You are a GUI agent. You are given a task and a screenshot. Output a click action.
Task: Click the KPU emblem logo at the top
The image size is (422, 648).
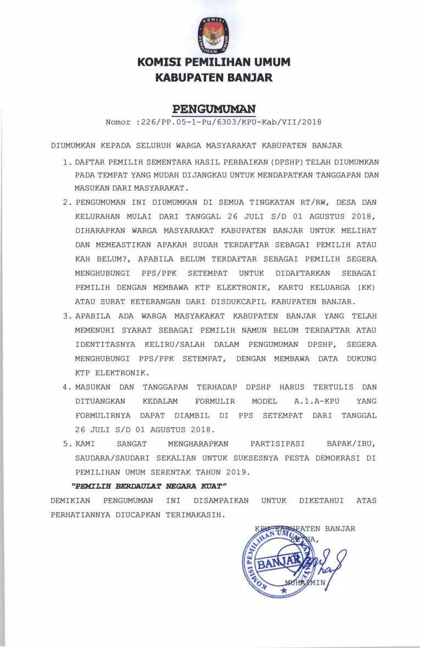pos(213,34)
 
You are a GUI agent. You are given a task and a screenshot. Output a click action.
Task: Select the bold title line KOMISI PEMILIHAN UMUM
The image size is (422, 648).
pos(214,63)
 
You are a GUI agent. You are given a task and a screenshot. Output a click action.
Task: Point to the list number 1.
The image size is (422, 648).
pos(66,163)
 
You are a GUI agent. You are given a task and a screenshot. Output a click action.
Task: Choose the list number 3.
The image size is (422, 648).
pos(66,316)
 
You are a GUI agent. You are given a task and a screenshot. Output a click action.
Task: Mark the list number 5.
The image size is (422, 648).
pos(66,443)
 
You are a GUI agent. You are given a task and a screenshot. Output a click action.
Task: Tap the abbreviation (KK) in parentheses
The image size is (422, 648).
pos(367,287)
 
